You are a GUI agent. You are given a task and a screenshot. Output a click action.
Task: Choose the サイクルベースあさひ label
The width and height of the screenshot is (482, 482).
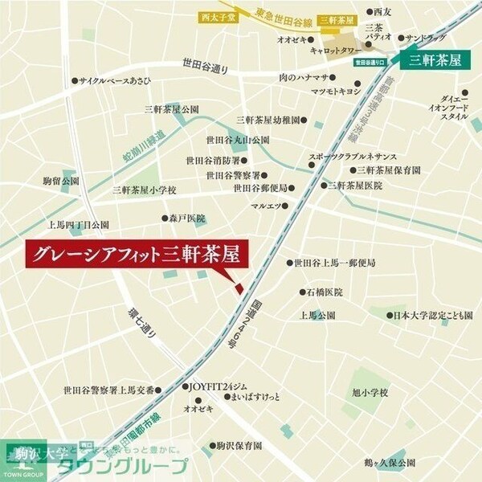[x=115, y=80]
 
